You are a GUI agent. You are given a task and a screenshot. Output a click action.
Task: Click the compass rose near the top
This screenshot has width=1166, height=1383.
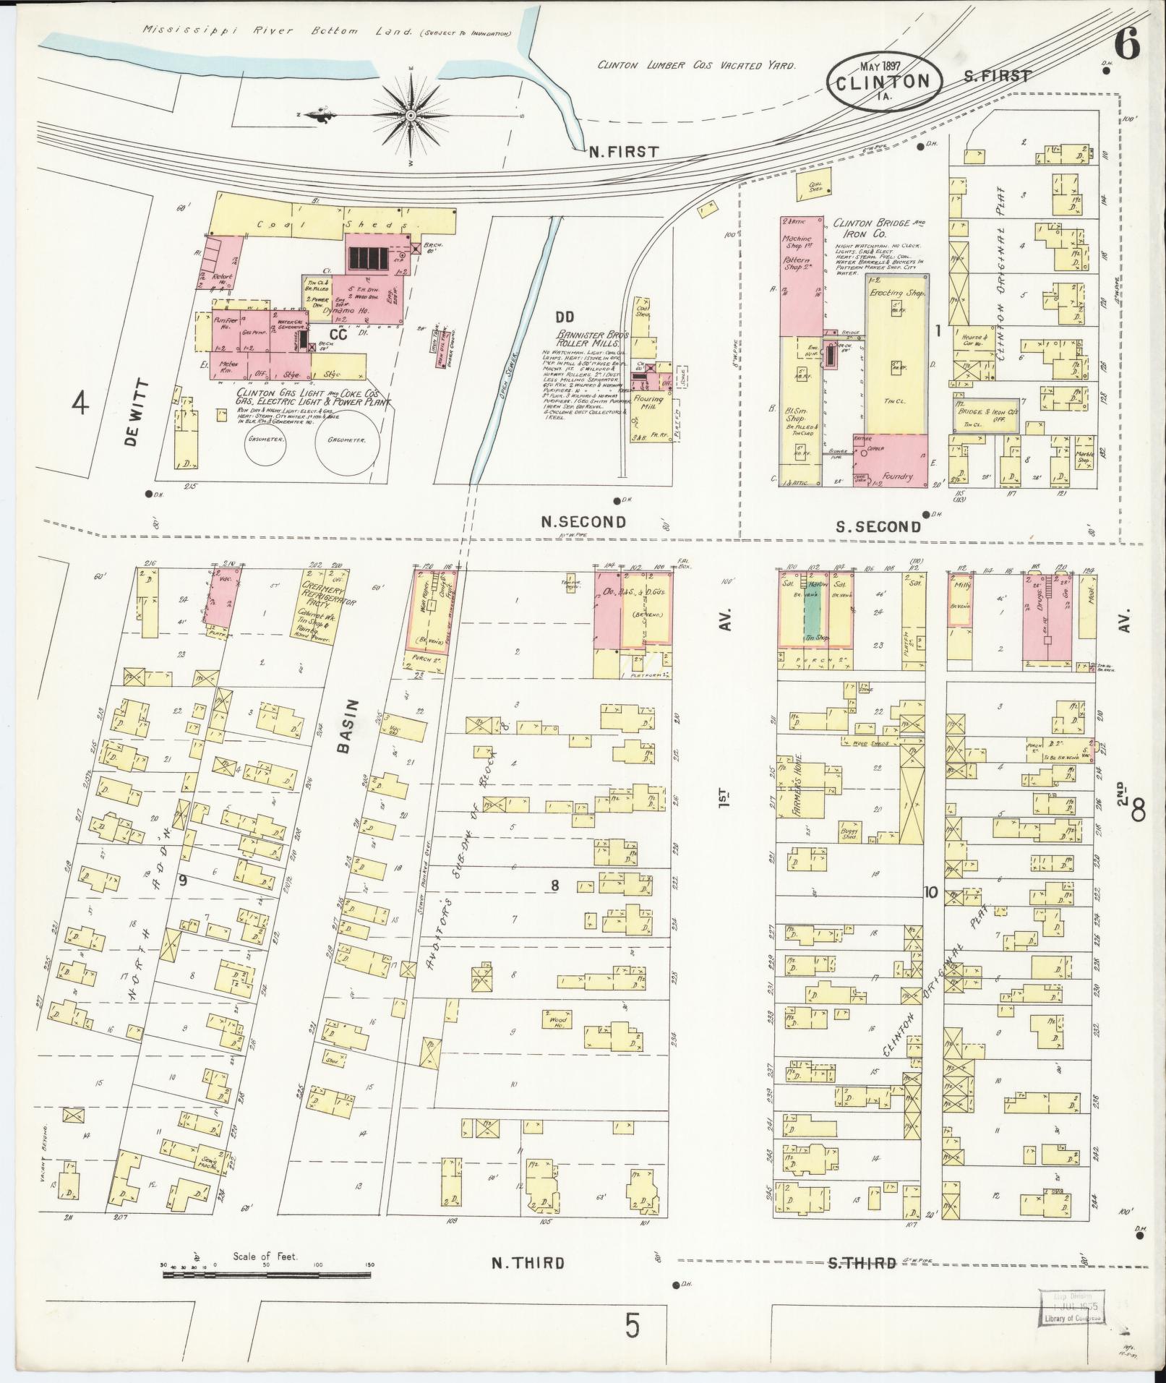coord(410,115)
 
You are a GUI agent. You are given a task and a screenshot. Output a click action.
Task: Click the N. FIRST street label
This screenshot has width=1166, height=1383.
coord(623,152)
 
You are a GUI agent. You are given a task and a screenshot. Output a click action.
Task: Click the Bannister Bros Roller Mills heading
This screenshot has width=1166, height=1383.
coord(593,339)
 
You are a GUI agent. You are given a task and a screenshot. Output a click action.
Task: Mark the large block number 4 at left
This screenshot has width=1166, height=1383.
coord(80,404)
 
